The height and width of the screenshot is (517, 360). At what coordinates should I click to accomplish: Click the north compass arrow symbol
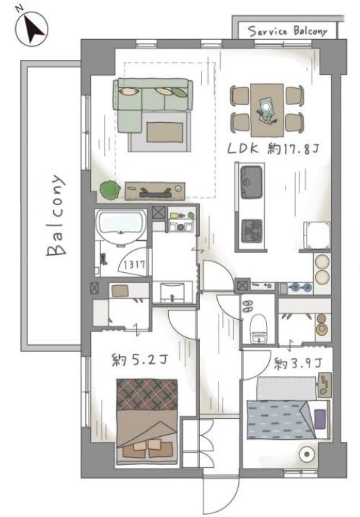pyautogui.click(x=32, y=29)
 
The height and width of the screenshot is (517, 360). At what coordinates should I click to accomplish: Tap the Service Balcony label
pyautogui.click(x=287, y=31)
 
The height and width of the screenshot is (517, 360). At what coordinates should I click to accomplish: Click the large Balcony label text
pyautogui.click(x=56, y=215)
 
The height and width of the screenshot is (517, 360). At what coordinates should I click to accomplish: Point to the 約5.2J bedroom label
pyautogui.click(x=140, y=360)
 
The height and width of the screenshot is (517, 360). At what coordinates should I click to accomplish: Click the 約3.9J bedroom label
pyautogui.click(x=298, y=363)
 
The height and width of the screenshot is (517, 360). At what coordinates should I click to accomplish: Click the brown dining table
pyautogui.click(x=267, y=110)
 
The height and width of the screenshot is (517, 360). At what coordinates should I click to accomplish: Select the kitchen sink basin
pyautogui.click(x=252, y=182)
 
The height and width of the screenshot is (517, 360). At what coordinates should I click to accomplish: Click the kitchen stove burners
pyautogui.click(x=252, y=231)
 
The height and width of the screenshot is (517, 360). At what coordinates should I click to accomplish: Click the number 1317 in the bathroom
pyautogui.click(x=134, y=264)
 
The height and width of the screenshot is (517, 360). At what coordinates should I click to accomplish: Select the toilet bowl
pyautogui.click(x=258, y=328)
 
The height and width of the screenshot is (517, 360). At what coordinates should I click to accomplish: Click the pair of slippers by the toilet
pyautogui.click(x=247, y=305)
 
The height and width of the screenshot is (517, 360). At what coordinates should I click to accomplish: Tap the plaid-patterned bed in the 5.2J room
pyautogui.click(x=147, y=422)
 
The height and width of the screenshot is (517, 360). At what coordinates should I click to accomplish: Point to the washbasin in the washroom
pyautogui.click(x=172, y=292)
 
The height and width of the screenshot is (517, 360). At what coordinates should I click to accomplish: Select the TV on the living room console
pyautogui.click(x=155, y=193)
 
